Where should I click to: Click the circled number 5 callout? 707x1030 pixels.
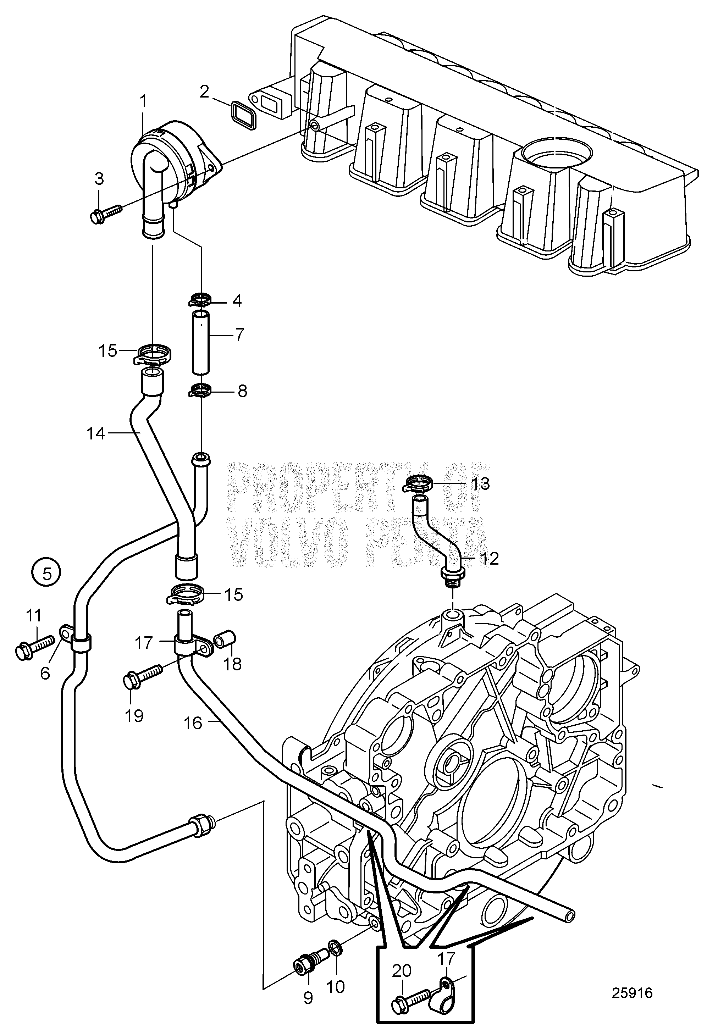[x=47, y=574]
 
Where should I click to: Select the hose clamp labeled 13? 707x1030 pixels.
[x=419, y=483]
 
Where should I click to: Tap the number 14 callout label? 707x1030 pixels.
[x=96, y=433]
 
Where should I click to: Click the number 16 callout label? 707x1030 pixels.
[x=193, y=723]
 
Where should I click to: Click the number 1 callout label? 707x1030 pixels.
[x=143, y=101]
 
